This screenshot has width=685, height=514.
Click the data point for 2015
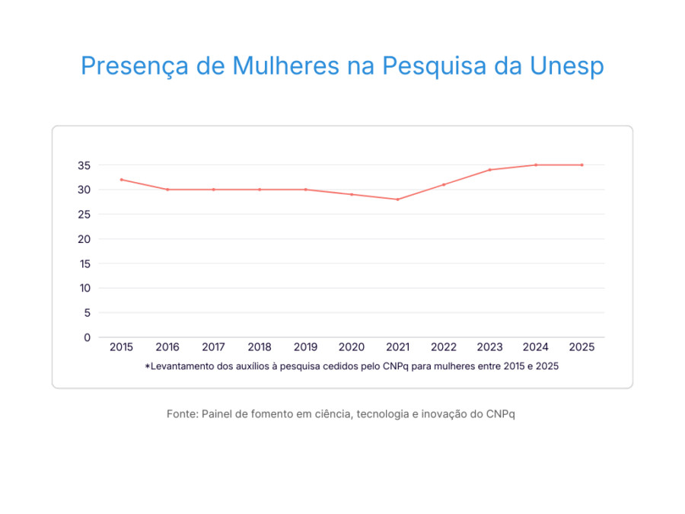pyautogui.click(x=121, y=180)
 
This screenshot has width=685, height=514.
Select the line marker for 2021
pyautogui.click(x=397, y=200)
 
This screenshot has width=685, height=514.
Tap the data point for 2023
pyautogui.click(x=489, y=170)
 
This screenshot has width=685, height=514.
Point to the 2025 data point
pyautogui.click(x=582, y=164)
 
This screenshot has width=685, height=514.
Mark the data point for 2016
pyautogui.click(x=167, y=190)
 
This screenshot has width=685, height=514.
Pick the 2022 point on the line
pyautogui.click(x=444, y=184)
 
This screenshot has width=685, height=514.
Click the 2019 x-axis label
pyautogui.click(x=305, y=347)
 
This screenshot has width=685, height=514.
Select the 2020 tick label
pyautogui.click(x=352, y=347)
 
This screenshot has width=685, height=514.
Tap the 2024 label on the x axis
pyautogui.click(x=536, y=347)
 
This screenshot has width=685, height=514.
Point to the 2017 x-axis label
pyautogui.click(x=213, y=347)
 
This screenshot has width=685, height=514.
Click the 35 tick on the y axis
pyautogui.click(x=84, y=165)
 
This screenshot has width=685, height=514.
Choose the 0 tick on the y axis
pyautogui.click(x=87, y=337)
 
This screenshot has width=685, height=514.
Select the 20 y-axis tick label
pyautogui.click(x=84, y=239)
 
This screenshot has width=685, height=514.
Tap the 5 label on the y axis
pyautogui.click(x=87, y=313)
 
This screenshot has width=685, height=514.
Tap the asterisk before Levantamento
pyautogui.click(x=147, y=366)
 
